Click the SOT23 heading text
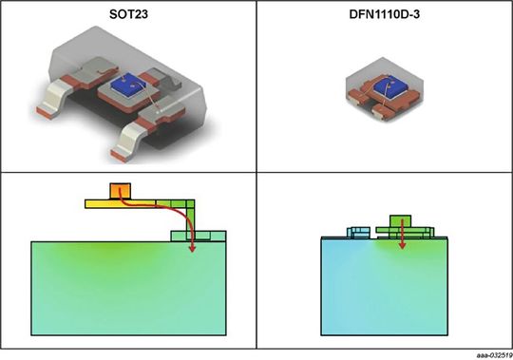(x=127, y=13)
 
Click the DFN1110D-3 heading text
(x=385, y=13)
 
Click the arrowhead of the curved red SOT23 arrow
(x=193, y=249)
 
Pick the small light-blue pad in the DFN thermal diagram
(x=358, y=230)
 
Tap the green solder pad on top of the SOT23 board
(x=198, y=236)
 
